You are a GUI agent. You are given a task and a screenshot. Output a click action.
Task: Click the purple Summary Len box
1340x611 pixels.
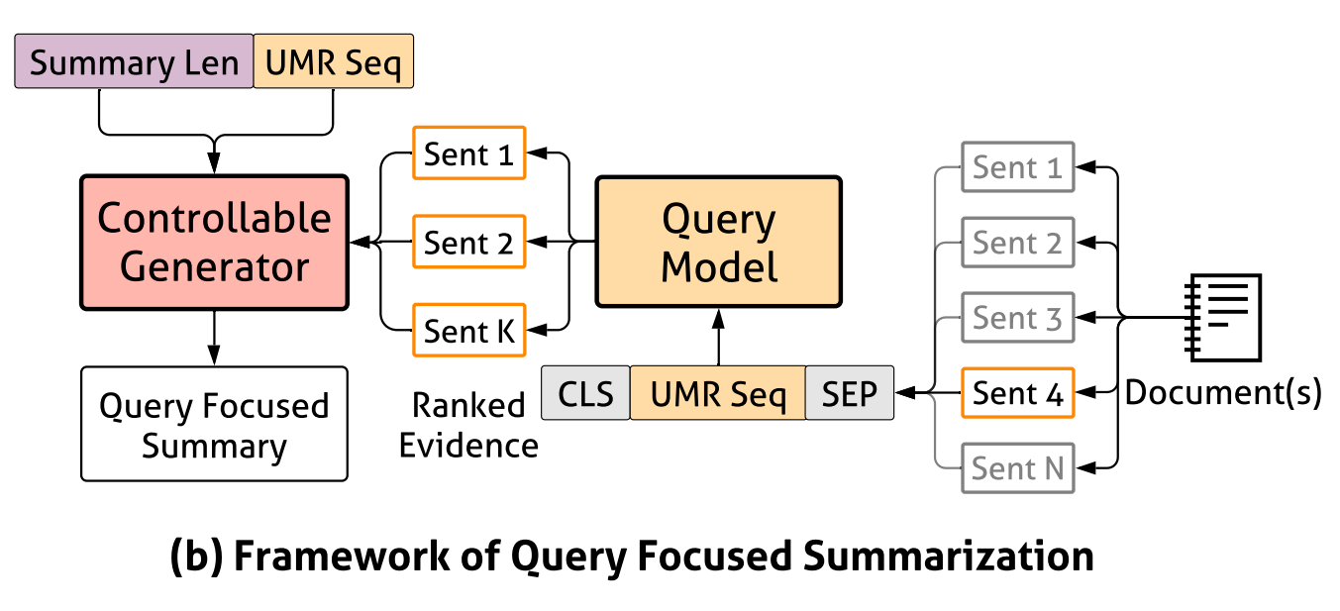click(134, 61)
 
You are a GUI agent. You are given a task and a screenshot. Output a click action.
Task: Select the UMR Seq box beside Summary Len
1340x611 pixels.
click(333, 61)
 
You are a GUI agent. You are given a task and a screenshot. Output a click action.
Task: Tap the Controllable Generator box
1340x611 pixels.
click(214, 243)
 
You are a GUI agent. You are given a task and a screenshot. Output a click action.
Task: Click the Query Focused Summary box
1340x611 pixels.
click(214, 424)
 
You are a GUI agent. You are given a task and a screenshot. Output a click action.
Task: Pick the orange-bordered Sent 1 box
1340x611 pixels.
click(469, 153)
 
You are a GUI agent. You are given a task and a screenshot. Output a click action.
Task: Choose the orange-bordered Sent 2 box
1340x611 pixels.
click(469, 242)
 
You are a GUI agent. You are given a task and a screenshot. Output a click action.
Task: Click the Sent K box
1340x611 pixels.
click(469, 331)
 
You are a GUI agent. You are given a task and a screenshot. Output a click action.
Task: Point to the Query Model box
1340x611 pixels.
click(718, 242)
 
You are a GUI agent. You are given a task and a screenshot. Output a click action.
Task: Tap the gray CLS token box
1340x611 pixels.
click(585, 393)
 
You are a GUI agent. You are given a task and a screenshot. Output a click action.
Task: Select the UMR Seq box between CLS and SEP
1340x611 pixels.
click(718, 393)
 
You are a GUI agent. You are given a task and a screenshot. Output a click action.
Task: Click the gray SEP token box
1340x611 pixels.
click(850, 393)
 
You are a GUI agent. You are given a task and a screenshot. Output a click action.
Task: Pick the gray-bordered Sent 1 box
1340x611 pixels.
click(1017, 167)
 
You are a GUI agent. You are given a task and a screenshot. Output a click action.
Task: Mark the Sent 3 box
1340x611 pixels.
click(1017, 318)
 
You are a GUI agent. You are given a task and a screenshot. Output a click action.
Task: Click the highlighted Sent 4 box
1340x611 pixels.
click(1017, 393)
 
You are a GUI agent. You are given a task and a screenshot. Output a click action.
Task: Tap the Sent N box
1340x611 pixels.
click(1017, 468)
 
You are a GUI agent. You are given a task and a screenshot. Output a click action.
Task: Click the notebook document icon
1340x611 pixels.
click(1223, 318)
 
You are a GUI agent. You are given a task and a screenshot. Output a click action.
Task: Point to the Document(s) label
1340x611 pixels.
click(1223, 393)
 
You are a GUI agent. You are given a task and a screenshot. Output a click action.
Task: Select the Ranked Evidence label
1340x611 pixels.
click(469, 425)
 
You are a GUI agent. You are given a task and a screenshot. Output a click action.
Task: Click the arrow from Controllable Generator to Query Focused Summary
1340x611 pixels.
click(214, 338)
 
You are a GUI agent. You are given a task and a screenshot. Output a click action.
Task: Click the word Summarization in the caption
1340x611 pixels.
click(949, 556)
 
